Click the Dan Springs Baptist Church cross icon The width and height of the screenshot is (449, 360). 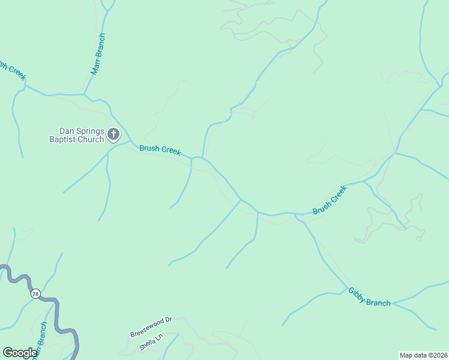point(113,135)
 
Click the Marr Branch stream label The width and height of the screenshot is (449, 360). point(98,54)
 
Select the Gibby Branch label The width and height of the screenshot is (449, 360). point(369,297)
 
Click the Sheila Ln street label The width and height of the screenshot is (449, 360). point(151,344)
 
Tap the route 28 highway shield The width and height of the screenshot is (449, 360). point(35,293)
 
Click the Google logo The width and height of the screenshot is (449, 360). point(20,353)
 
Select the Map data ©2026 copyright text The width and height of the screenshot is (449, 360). point(423,355)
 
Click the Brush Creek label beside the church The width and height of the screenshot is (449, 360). point(160,149)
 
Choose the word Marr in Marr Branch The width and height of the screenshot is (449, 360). point(94,66)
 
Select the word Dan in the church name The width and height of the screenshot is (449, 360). point(65,131)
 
